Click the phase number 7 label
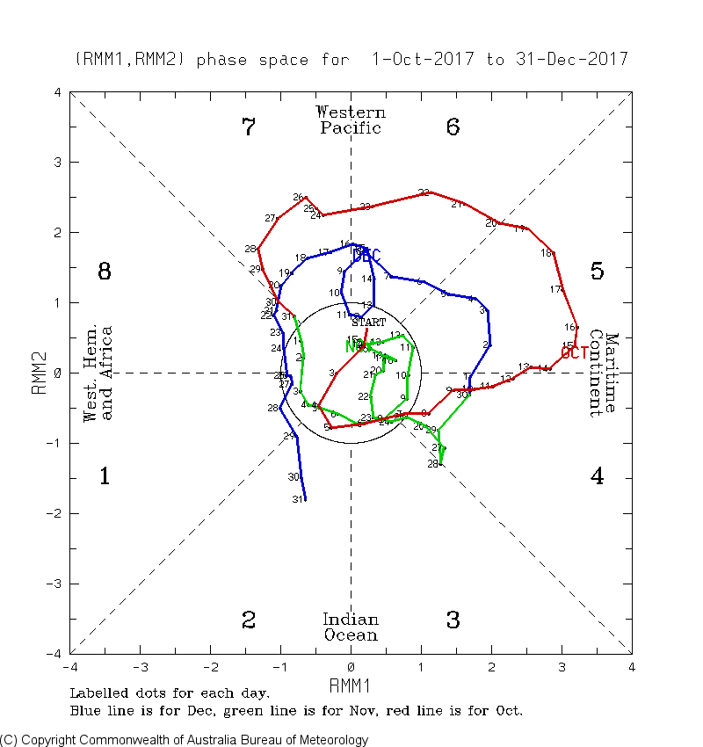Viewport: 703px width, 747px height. (x=249, y=127)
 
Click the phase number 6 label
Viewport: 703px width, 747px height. (x=453, y=127)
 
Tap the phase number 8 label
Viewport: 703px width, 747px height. (x=104, y=272)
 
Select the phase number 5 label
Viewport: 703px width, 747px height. (x=597, y=272)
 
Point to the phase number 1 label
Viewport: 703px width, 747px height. (x=104, y=477)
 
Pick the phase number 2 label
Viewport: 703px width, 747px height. (x=249, y=620)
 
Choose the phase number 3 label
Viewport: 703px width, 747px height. (x=453, y=620)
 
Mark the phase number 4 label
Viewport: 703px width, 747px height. (x=597, y=477)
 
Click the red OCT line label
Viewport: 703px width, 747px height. (x=574, y=353)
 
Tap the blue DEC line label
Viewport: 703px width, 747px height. (x=367, y=255)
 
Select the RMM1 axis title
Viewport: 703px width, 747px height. (x=351, y=684)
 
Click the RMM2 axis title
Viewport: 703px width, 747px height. (x=39, y=373)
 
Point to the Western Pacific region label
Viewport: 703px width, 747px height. (x=351, y=120)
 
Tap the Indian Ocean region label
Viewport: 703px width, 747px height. (x=351, y=627)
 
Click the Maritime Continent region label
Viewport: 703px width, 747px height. (x=604, y=373)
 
